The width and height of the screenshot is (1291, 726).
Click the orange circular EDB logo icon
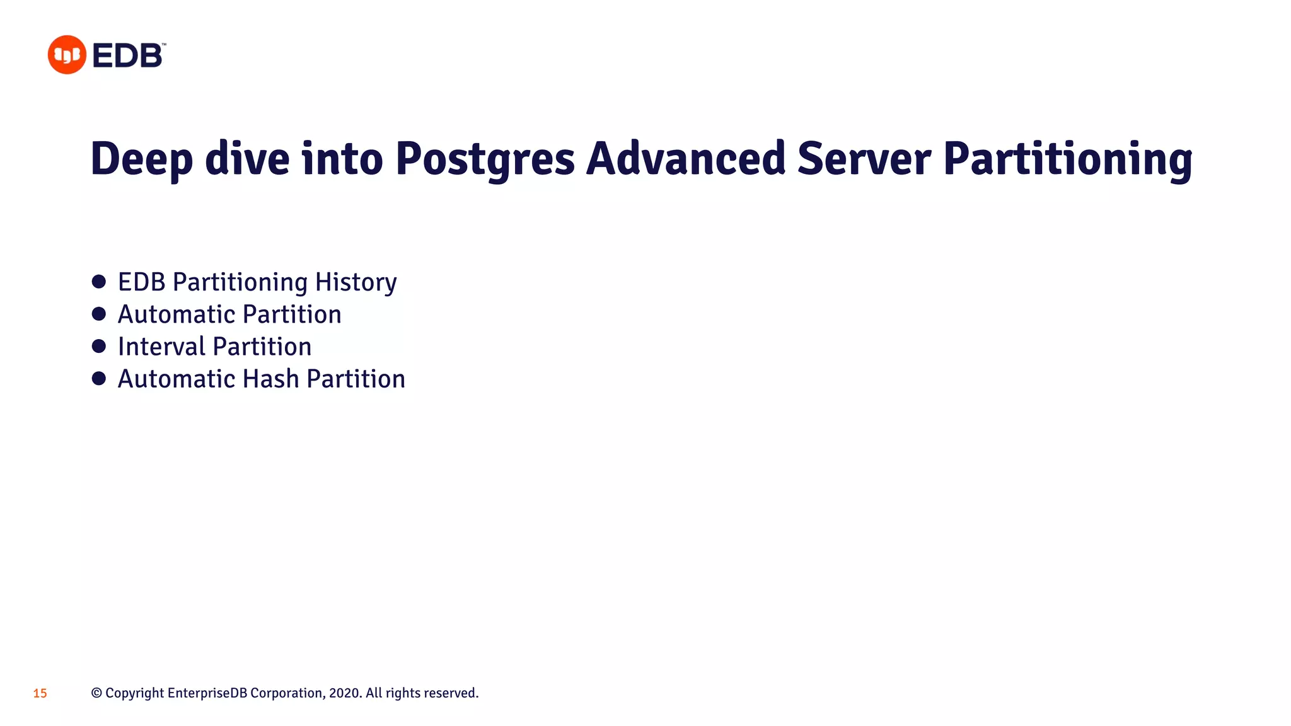click(67, 55)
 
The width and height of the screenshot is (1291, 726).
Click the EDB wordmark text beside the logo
click(128, 55)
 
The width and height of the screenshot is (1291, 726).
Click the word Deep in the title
click(141, 159)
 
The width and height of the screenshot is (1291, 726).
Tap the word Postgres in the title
click(485, 159)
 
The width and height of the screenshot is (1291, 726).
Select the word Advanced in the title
click(685, 159)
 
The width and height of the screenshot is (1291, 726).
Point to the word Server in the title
click(864, 159)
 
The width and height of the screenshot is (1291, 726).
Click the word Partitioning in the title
click(1067, 159)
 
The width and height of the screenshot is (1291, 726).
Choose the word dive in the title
click(247, 159)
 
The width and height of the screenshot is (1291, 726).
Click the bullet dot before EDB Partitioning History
click(99, 282)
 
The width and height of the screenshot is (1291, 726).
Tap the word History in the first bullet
click(356, 282)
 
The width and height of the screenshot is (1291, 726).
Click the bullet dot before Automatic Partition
click(99, 314)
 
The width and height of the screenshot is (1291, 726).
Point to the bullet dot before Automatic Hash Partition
click(99, 378)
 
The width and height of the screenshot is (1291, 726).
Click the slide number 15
click(40, 693)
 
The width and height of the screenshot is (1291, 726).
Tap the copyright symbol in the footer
click(96, 693)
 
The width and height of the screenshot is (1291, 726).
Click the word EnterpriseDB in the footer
click(207, 693)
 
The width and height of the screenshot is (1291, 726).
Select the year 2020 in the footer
click(345, 693)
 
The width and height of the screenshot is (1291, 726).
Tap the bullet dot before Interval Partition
click(99, 346)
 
